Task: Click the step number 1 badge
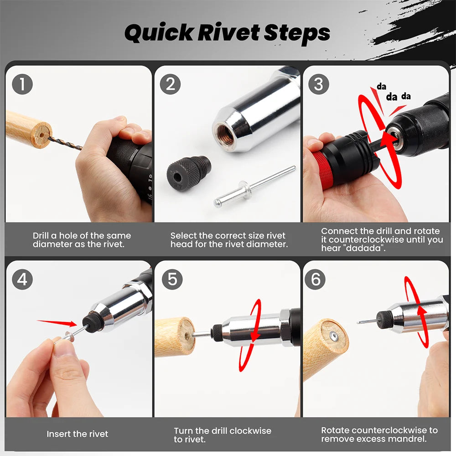[22, 85]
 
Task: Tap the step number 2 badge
[171, 85]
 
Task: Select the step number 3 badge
[319, 85]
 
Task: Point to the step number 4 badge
[22, 279]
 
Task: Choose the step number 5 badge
[171, 279]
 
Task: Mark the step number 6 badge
[315, 279]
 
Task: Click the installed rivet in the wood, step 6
[334, 336]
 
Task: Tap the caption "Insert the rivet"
[78, 434]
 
